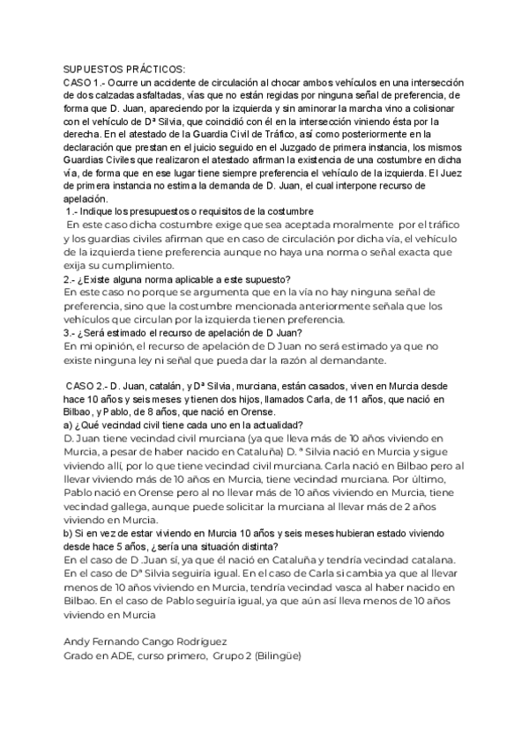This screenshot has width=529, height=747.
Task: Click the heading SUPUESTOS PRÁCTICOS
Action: [x=123, y=69]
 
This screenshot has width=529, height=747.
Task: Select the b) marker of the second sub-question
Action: [x=67, y=534]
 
